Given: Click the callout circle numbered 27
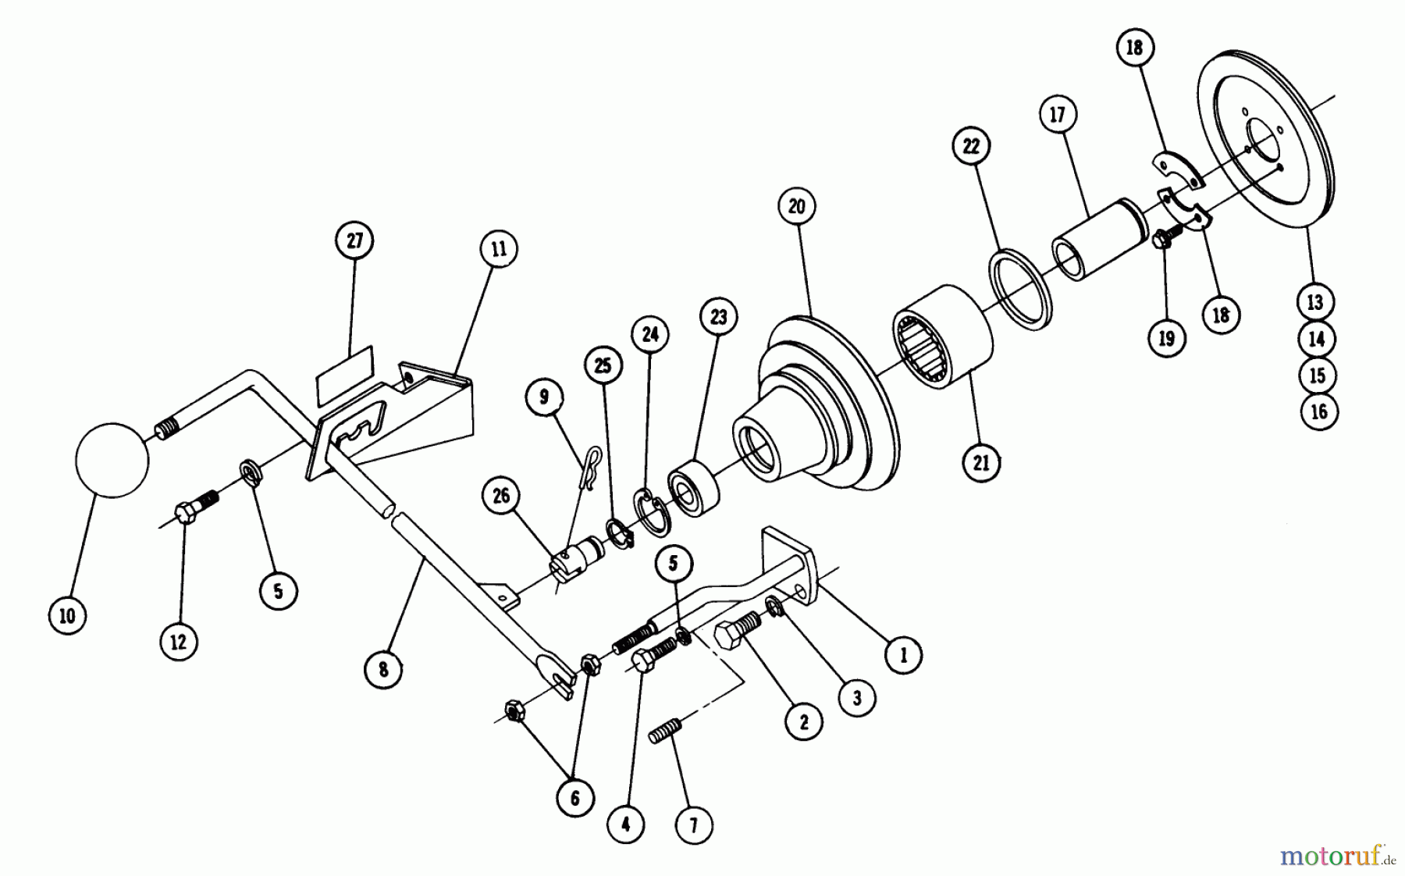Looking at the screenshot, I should [354, 240].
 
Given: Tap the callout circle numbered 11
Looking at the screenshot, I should [499, 249].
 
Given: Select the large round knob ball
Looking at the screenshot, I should [112, 460].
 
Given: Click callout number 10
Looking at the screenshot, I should [68, 615].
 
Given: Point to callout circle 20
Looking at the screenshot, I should [796, 207].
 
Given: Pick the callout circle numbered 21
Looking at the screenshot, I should [981, 462].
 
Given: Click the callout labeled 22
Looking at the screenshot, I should [971, 146].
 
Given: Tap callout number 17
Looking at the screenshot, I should [1058, 115].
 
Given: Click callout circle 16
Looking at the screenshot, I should [1318, 411].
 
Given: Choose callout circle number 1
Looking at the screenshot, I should [903, 655].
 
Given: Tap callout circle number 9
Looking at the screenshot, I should [543, 397].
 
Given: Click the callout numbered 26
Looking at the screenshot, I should [501, 495].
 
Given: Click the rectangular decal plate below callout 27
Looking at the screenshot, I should [344, 376].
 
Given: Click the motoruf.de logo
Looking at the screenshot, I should [1337, 856].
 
